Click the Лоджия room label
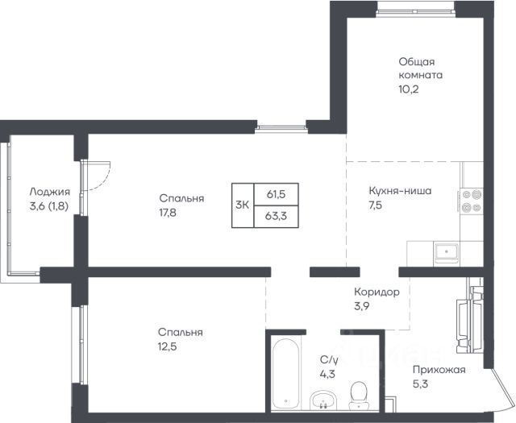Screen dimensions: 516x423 pos(50,192)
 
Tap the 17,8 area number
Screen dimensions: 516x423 pos(168,213)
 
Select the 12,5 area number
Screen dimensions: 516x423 pos(167,346)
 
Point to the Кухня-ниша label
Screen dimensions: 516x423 pos(400,191)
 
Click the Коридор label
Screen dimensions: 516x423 pos(377,292)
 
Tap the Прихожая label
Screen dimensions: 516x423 pos(439,370)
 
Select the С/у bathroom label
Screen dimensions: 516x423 pos(329,360)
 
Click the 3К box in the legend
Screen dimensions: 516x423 pos(243,205)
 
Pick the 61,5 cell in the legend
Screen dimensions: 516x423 pos(276,194)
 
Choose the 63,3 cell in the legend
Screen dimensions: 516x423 pos(276,217)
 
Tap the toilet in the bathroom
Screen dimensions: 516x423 pos(358,396)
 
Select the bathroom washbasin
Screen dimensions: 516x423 pos(323,400)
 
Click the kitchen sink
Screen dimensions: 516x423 pos(446,252)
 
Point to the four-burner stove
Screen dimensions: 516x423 pos(472,201)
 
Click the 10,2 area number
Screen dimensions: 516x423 pos(409,89)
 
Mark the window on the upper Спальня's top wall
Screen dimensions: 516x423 pos(281,129)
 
